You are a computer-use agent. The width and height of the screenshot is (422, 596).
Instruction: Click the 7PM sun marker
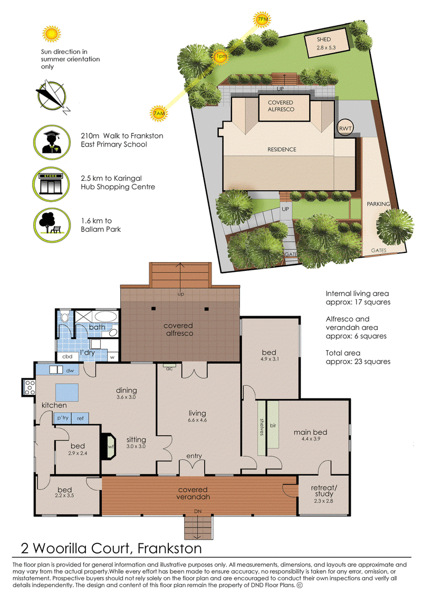(x=262, y=19)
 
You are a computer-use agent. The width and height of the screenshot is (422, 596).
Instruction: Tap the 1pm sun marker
(x=220, y=56)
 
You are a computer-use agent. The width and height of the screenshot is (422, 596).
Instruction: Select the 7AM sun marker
(x=159, y=113)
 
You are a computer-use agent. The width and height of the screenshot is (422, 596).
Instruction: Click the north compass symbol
(x=52, y=96)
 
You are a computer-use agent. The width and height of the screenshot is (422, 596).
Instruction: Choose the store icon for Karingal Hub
(x=51, y=184)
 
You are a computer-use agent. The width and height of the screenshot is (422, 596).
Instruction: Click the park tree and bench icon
(x=52, y=226)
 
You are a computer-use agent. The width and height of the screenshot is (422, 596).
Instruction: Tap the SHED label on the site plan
(x=324, y=39)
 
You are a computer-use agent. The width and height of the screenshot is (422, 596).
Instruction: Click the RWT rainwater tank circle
(x=346, y=128)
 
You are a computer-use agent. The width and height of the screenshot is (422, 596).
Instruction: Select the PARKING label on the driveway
(x=378, y=204)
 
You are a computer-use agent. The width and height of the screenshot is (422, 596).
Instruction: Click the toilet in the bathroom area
(x=65, y=317)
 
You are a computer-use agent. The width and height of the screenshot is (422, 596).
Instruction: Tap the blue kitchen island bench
(x=67, y=392)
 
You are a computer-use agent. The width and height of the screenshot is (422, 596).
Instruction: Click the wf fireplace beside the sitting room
(x=109, y=447)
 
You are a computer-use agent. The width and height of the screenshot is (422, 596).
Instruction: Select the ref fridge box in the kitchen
(x=80, y=418)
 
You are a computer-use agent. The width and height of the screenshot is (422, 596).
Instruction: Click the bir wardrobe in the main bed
(x=273, y=427)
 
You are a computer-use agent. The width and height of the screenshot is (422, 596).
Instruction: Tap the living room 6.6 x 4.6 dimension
(x=197, y=420)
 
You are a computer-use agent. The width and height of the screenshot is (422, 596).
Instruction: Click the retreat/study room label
(x=324, y=491)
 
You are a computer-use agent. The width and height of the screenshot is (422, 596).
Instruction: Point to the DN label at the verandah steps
(x=198, y=511)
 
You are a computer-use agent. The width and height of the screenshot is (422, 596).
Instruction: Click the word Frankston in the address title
(x=170, y=548)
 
